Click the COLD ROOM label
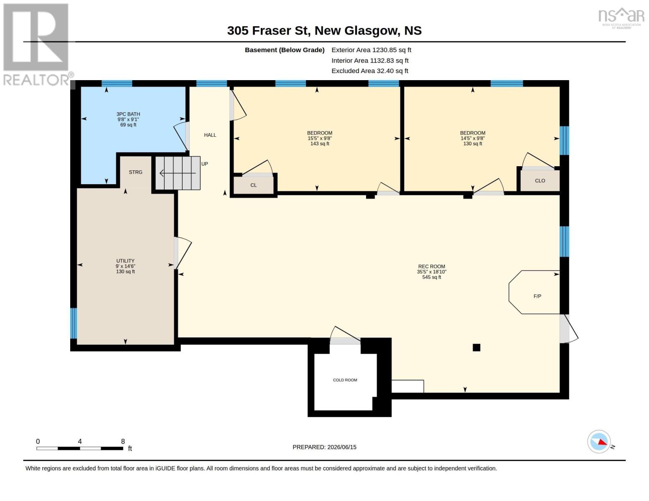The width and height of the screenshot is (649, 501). [x=345, y=380]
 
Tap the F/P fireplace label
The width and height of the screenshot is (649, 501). [x=537, y=296]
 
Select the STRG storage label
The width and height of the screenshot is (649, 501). [x=135, y=172]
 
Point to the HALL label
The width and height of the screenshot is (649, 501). [x=210, y=135]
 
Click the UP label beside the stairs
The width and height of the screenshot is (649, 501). [x=205, y=164]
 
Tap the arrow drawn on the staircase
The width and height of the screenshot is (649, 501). [x=178, y=173]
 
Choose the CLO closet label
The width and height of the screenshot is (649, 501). [x=540, y=181]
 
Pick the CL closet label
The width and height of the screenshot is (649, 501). [x=253, y=185]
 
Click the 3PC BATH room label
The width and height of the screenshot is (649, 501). [x=128, y=114]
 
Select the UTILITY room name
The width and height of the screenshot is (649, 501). [x=125, y=261]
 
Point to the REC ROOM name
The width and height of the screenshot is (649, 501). [x=432, y=266]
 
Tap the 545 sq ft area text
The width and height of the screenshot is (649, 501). [x=432, y=277]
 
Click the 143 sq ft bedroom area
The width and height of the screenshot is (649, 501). [x=320, y=144]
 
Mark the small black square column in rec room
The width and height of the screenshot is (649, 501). [x=476, y=347]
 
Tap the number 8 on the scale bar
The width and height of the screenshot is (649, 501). [x=123, y=441]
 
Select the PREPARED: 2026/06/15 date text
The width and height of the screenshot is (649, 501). [x=324, y=447]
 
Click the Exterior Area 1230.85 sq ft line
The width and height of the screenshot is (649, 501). [x=371, y=50]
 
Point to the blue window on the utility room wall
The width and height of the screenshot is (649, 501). [x=74, y=323]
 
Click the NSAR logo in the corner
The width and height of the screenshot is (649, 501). [x=621, y=18]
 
